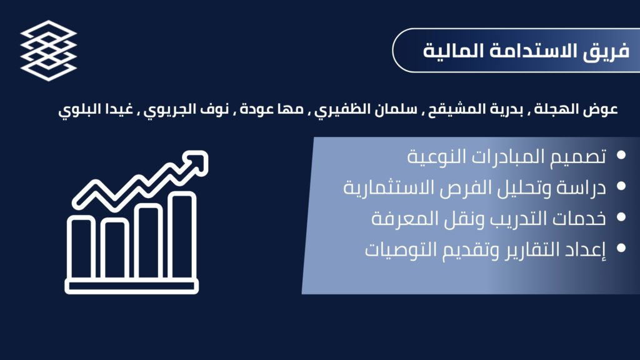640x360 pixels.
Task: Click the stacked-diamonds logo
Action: point(49,50)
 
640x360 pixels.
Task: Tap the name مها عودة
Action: point(272,109)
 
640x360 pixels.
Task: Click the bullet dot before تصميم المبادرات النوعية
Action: point(621,155)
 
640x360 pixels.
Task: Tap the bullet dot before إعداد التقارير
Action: point(621,247)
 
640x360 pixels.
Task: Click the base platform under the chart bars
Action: point(131,286)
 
